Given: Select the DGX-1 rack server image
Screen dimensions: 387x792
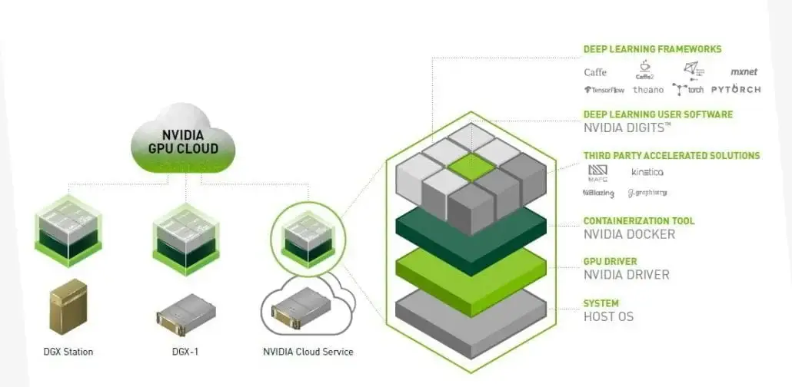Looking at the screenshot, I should click(185, 312).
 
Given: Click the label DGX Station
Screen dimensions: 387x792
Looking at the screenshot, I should click(68, 352).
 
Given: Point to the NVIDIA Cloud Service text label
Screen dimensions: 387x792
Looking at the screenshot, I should click(308, 352).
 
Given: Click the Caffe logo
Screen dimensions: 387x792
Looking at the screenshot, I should click(595, 72).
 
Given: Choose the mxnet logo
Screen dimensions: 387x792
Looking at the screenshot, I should click(744, 71).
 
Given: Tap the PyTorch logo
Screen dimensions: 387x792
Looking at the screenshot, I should click(736, 89).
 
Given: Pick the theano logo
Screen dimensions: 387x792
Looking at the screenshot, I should click(648, 90).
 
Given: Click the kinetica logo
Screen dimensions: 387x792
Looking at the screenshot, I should click(647, 172).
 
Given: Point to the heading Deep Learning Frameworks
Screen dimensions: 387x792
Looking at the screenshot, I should click(652, 49).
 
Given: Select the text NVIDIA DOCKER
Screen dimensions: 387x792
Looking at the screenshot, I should click(629, 233).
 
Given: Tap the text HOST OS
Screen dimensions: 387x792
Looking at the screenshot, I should click(608, 316).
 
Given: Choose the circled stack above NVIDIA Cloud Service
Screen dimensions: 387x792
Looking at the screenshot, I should click(307, 234).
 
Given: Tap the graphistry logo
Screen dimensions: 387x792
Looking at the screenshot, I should click(647, 193).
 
